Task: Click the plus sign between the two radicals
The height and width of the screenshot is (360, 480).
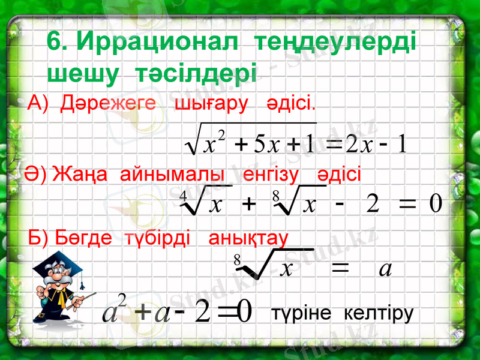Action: (x=247, y=206)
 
